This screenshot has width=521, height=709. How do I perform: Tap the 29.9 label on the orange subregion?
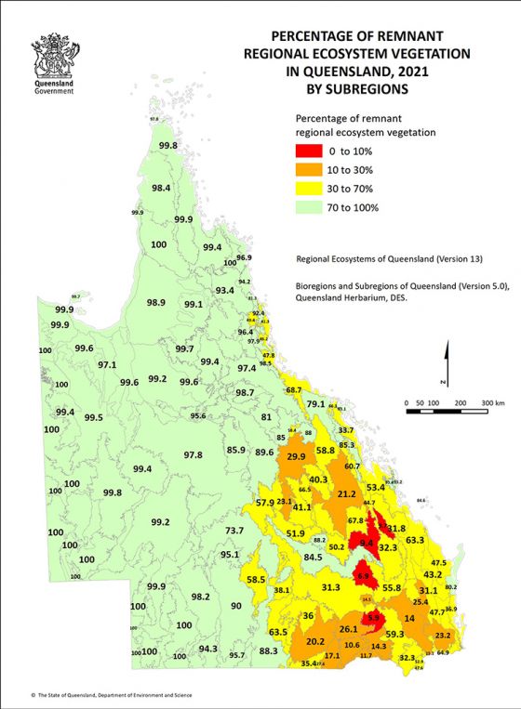point(296,456)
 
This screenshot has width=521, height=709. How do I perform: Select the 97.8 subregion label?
point(193,454)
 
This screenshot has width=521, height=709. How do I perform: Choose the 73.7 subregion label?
point(234,530)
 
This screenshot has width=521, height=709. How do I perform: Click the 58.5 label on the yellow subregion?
point(256,579)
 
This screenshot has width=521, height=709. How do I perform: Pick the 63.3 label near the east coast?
point(415,540)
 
